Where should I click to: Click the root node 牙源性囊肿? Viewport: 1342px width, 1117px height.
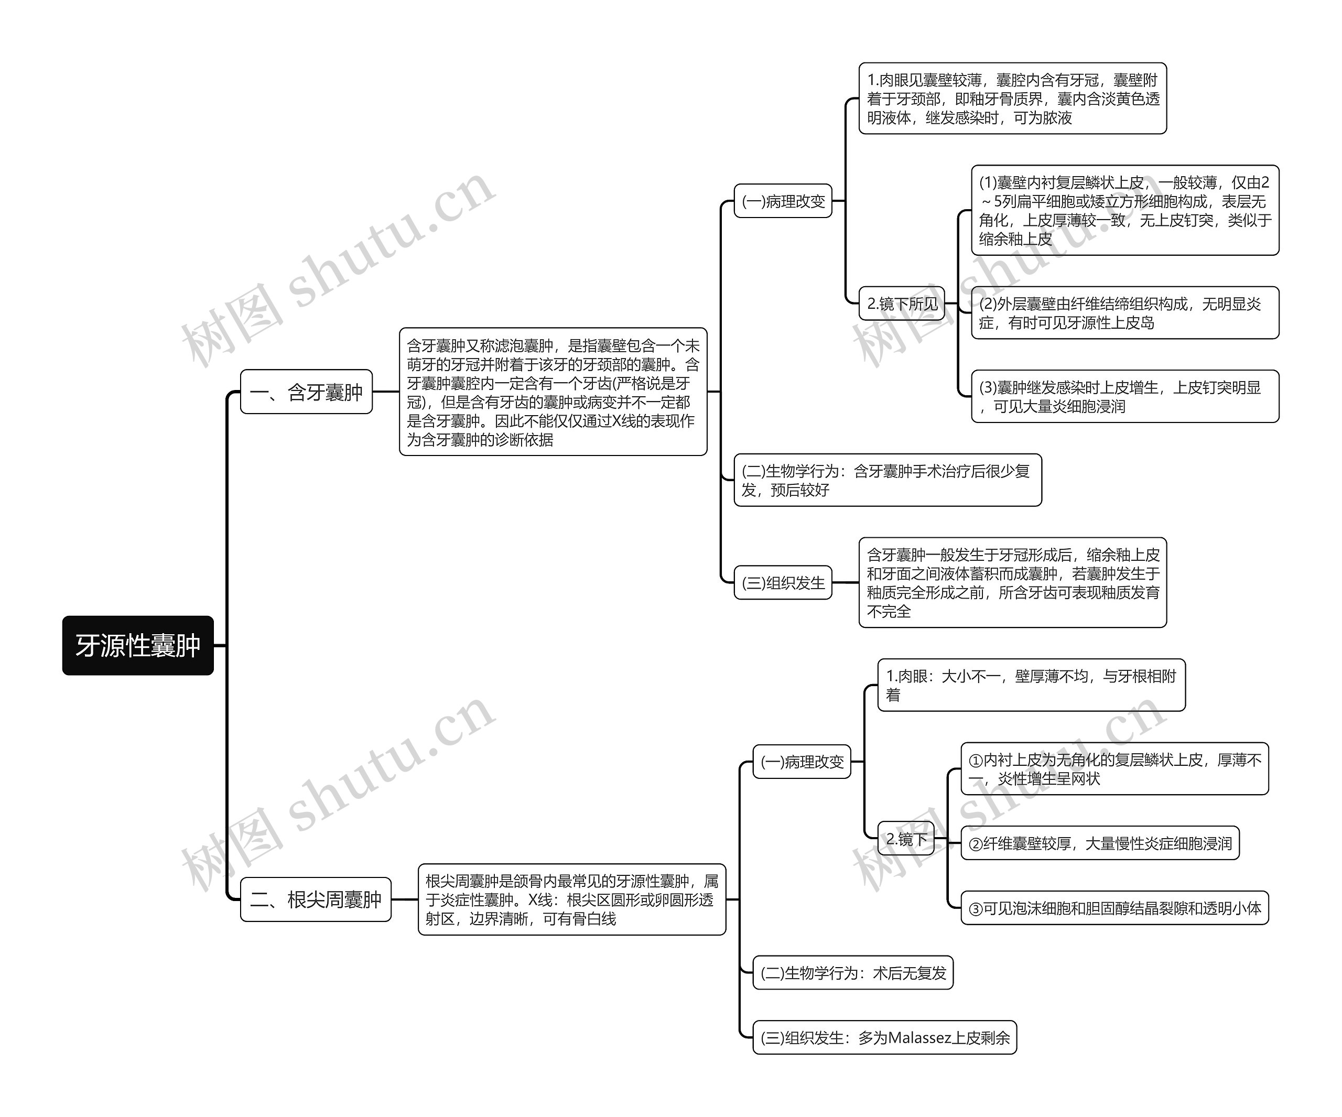(x=137, y=645)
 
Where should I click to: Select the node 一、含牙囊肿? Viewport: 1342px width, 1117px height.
(x=306, y=392)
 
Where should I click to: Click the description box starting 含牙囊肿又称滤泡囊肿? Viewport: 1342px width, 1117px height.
(x=553, y=392)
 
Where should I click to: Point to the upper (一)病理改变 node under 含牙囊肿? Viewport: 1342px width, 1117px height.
(x=783, y=201)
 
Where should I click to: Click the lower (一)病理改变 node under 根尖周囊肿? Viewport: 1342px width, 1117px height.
(x=802, y=762)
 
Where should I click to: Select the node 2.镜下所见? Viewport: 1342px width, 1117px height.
(x=901, y=303)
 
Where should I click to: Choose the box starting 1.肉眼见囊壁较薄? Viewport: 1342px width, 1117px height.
(x=1012, y=99)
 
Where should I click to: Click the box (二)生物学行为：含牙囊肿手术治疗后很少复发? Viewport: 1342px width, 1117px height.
(x=887, y=481)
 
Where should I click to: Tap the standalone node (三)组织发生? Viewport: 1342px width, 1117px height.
(x=783, y=582)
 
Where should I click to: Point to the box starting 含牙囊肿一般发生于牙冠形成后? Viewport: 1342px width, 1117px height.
(x=1012, y=582)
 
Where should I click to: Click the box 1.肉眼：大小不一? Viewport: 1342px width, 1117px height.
(x=1031, y=685)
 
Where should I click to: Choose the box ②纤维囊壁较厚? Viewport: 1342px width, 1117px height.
(x=1099, y=843)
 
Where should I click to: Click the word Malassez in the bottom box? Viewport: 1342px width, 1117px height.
(x=919, y=1038)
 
